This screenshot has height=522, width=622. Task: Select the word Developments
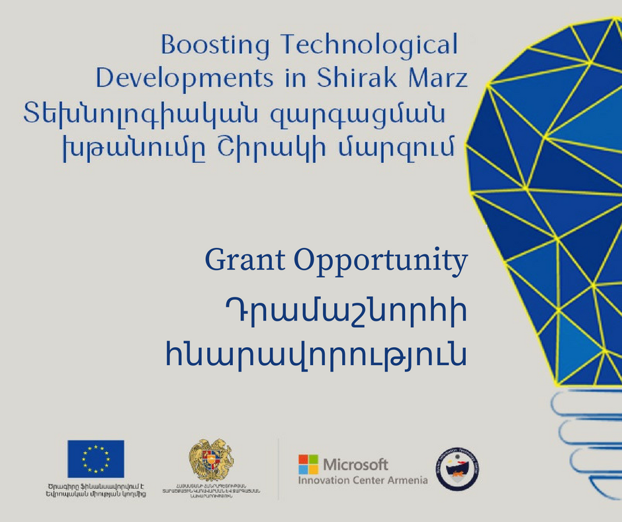185,78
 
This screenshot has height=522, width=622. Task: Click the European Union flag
95,458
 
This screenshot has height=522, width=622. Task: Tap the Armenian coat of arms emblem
211,460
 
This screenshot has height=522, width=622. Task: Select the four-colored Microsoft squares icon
308,464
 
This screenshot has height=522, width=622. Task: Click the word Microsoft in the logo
355,464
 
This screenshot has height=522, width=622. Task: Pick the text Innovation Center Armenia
363,480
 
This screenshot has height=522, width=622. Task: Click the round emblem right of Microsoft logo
458,468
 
